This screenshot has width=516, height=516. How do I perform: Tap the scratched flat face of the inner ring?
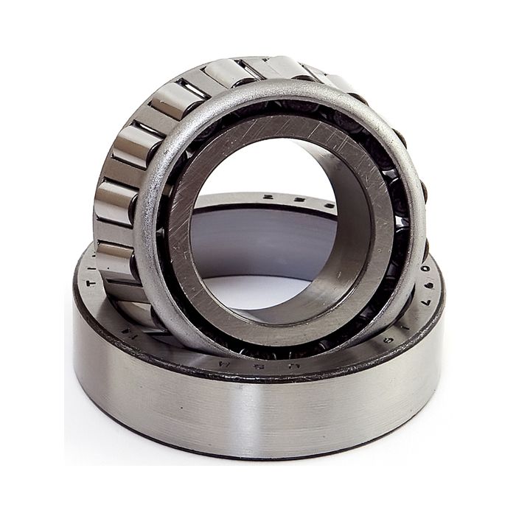pyautogui.click(x=295, y=140)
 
